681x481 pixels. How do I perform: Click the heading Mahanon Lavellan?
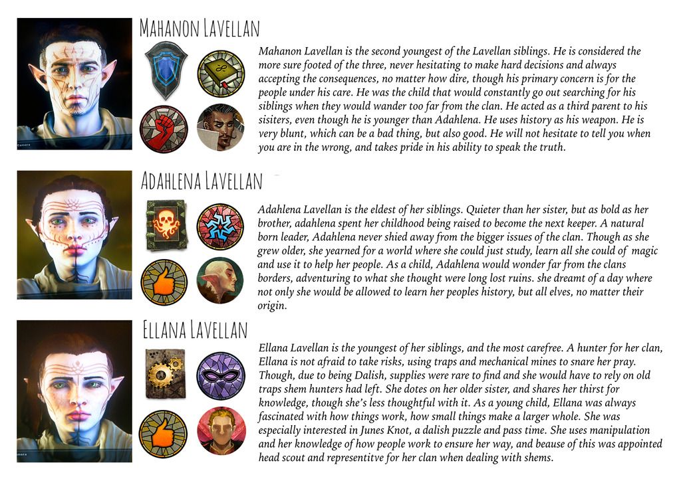[x=199, y=29]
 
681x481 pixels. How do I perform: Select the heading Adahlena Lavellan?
[x=202, y=180]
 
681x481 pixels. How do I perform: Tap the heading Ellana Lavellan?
[x=195, y=330]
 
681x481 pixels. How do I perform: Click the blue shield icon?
[x=166, y=68]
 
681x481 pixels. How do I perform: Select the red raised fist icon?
[x=163, y=128]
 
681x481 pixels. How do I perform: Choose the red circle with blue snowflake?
[x=221, y=226]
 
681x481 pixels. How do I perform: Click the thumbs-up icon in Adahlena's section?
[x=163, y=282]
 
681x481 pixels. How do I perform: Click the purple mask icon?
[x=221, y=375]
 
